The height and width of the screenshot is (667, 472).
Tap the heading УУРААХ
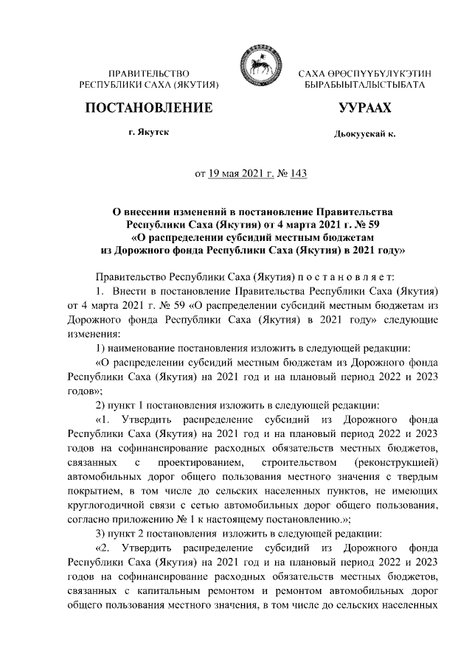pos(364,108)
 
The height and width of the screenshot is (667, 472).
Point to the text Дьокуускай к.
pos(364,136)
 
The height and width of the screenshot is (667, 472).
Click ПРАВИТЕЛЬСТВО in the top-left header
pos(148,74)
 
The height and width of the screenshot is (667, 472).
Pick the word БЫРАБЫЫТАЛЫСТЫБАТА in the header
pos(364,86)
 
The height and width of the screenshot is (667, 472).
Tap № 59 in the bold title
pos(363,224)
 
